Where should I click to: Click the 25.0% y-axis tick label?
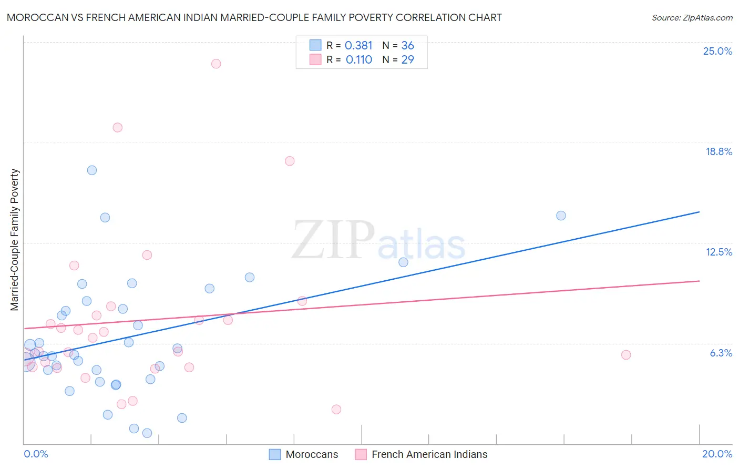[x=717, y=51]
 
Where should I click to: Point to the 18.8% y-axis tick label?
[x=719, y=151]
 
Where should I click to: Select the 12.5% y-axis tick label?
[x=719, y=252]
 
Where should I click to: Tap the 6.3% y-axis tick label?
[x=721, y=353]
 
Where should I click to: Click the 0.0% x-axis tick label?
[x=36, y=454]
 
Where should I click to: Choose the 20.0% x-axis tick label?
[x=717, y=454]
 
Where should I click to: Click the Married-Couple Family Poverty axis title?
[x=15, y=240]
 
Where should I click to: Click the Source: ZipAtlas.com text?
[x=692, y=17]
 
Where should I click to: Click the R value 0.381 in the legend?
[x=358, y=46]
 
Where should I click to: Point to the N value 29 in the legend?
[x=407, y=60]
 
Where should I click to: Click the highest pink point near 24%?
[x=216, y=64]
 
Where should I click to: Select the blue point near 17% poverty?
[x=92, y=170]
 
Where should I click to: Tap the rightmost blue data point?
[x=561, y=216]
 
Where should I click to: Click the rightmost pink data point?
[x=625, y=355]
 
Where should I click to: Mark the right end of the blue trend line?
[x=699, y=212]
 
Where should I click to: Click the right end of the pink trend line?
[x=699, y=281]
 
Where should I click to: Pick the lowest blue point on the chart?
[x=147, y=433]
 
